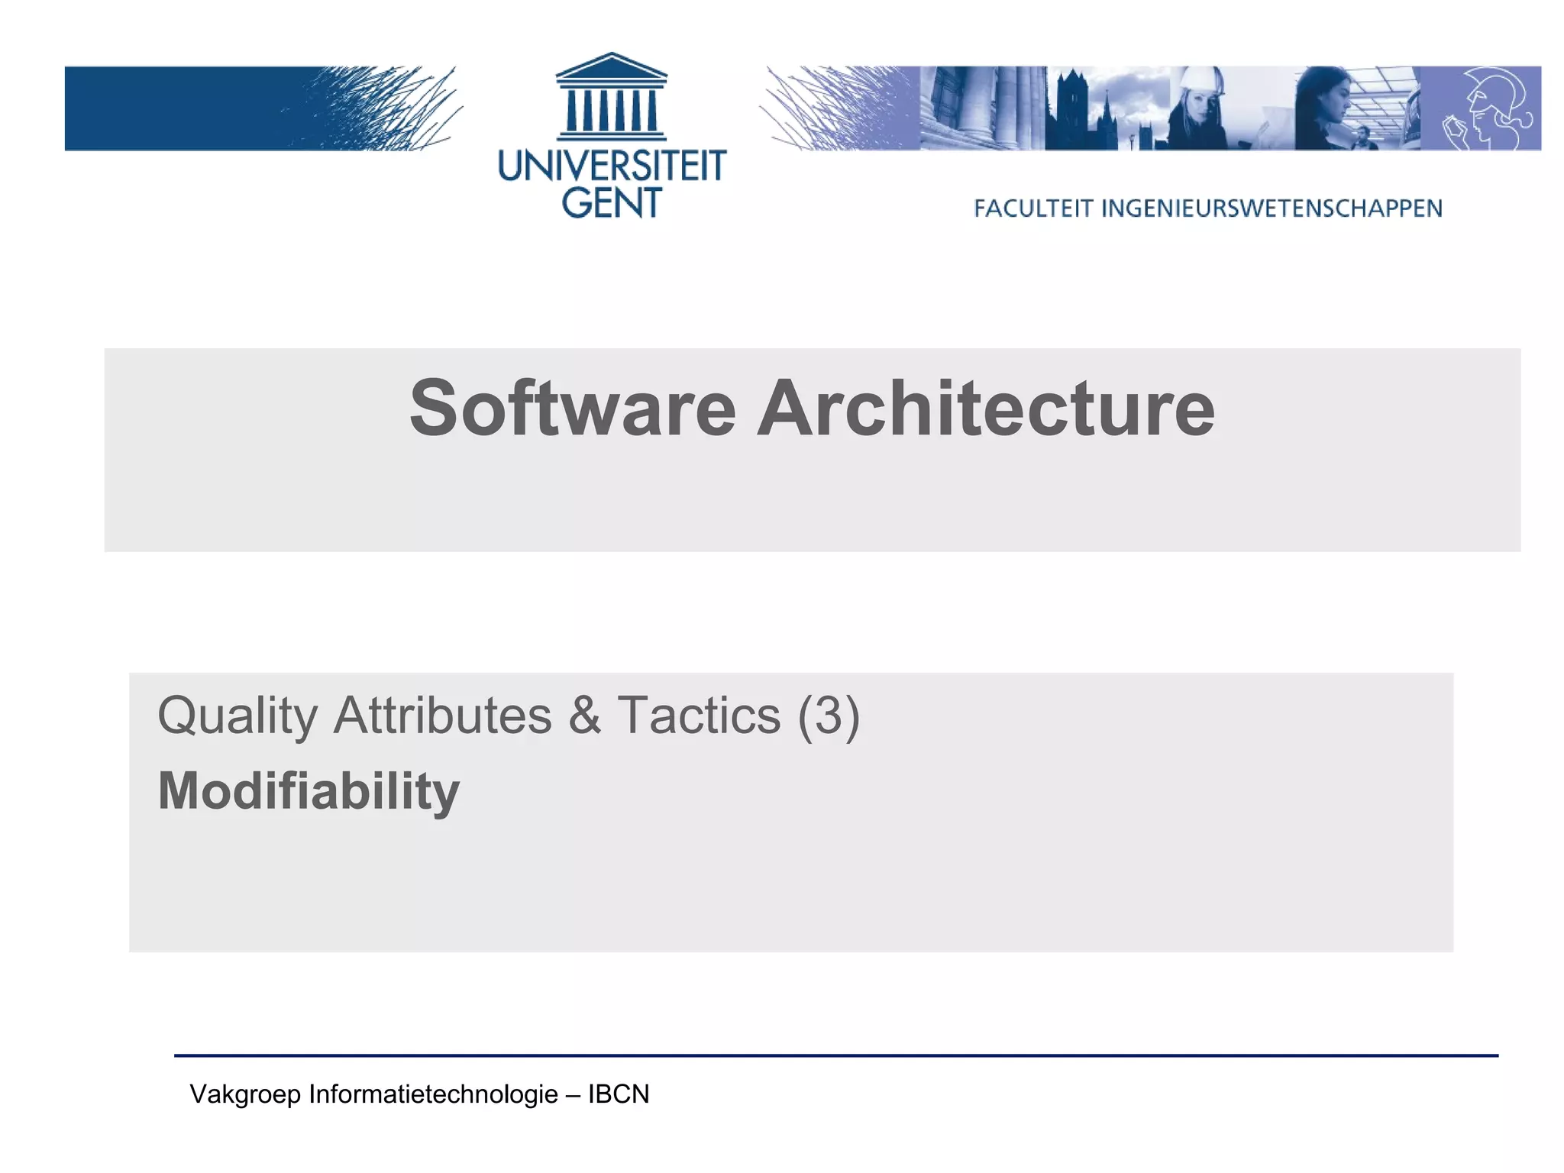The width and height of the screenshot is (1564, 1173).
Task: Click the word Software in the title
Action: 572,409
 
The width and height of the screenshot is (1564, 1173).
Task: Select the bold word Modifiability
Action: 309,791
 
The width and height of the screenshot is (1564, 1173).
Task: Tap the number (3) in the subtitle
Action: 829,716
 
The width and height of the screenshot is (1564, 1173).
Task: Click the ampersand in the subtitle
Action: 584,716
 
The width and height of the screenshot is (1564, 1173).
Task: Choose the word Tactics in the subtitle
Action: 699,716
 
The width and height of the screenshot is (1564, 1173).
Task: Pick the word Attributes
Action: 442,716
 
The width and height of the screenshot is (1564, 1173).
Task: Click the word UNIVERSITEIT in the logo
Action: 612,166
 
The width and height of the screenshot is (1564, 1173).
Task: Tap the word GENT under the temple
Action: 612,203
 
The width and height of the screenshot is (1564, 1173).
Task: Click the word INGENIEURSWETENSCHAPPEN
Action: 1272,208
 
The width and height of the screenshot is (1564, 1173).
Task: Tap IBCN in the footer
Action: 619,1094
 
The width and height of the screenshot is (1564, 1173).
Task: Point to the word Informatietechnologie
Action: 433,1094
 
